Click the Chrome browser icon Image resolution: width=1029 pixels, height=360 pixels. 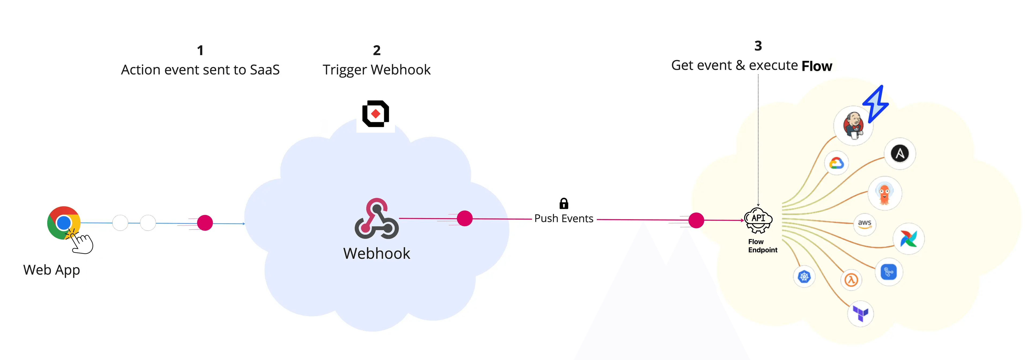[64, 222]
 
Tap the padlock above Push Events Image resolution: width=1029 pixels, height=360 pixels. [564, 204]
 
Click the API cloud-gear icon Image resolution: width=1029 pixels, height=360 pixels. [758, 220]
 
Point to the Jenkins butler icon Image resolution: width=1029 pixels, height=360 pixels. [853, 125]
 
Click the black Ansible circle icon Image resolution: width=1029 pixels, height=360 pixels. [900, 153]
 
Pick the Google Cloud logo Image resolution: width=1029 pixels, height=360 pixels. [836, 163]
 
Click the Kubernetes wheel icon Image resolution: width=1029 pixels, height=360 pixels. [804, 276]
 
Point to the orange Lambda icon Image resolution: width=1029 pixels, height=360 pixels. [851, 280]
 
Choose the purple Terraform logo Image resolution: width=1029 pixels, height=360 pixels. [860, 313]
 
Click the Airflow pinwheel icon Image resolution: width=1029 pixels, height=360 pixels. [908, 239]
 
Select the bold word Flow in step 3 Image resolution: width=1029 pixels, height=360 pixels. [817, 66]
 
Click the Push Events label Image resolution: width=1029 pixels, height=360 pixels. [564, 218]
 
